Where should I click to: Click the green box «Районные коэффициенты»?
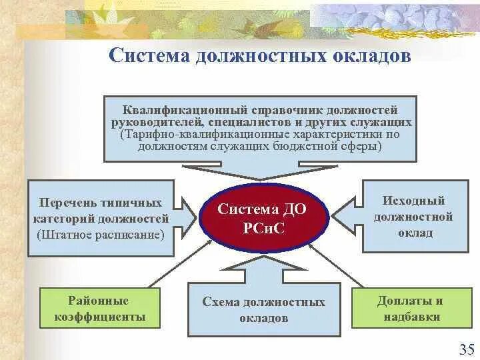100,309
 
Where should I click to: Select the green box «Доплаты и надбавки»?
409,309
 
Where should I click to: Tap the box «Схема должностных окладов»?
264,310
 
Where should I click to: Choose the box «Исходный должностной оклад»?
413,217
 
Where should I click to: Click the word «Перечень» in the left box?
67,202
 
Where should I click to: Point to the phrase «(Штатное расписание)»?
101,234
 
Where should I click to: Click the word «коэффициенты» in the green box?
101,317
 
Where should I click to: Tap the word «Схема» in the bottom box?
220,302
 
